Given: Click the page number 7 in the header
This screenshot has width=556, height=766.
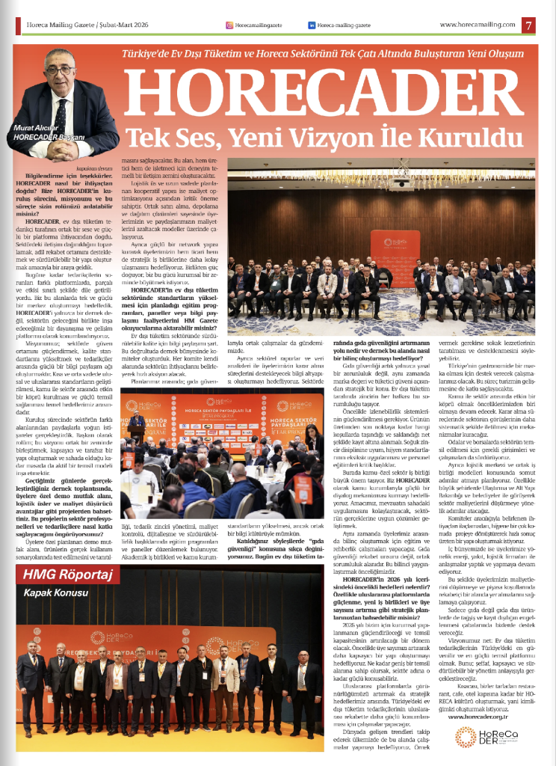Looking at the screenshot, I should [x=529, y=25].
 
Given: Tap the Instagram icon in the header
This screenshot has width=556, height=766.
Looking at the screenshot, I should [x=229, y=25].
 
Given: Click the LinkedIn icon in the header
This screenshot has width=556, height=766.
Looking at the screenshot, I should [x=311, y=25].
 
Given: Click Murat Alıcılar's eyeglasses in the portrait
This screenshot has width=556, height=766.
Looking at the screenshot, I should [x=60, y=70].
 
